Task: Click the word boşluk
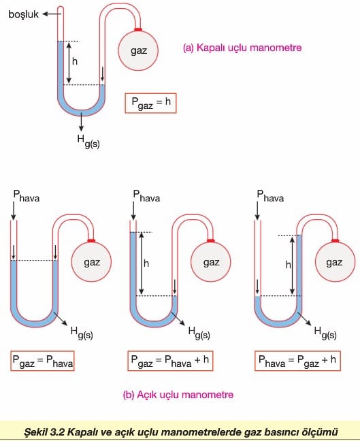23,14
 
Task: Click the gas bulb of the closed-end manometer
138,50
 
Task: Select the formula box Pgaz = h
150,103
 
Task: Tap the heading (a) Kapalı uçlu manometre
242,48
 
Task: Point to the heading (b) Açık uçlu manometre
178,395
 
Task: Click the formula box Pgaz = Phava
42,361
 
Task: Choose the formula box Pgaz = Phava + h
170,361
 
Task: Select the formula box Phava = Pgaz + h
297,361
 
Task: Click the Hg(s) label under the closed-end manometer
88,141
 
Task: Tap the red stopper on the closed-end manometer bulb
138,29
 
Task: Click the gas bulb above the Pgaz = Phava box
91,262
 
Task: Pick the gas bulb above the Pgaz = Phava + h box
211,262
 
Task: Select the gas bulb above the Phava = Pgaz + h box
335,262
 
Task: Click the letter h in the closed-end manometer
75,61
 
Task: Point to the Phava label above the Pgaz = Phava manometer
27,196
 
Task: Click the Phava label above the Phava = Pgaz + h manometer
270,196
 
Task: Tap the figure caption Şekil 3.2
181,431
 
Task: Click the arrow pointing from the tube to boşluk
50,14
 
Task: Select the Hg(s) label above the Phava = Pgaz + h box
325,333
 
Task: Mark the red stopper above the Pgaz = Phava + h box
211,240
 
